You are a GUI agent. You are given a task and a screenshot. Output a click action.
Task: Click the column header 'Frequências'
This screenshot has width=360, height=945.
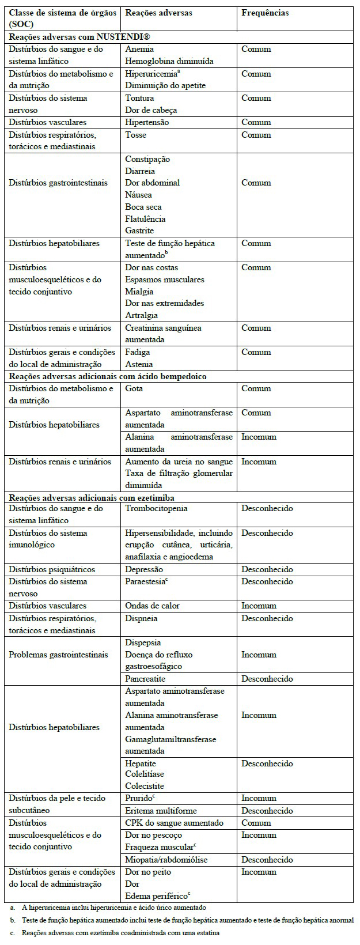click(x=265, y=13)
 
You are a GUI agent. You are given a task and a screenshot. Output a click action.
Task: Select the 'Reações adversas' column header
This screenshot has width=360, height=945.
click(x=158, y=13)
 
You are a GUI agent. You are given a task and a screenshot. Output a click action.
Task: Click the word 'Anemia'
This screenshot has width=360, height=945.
click(x=139, y=49)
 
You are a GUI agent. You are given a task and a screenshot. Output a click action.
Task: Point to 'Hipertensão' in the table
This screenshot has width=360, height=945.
click(x=147, y=122)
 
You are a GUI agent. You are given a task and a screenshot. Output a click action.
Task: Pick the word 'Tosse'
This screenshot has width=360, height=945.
click(x=136, y=135)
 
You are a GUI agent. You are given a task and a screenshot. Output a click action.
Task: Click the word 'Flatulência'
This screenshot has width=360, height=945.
click(x=145, y=219)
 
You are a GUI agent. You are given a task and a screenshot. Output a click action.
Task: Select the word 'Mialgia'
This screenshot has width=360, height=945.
click(x=139, y=292)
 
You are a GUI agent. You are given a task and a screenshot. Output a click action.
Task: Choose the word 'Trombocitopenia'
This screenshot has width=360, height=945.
click(x=157, y=509)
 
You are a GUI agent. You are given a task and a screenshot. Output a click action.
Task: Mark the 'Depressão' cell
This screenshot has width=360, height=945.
click(x=144, y=569)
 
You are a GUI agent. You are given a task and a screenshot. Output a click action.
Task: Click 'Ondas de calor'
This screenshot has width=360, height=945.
click(x=152, y=606)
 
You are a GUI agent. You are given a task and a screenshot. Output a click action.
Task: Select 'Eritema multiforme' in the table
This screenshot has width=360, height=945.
click(x=161, y=811)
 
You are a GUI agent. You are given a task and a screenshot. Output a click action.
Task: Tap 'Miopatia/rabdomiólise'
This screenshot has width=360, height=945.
click(x=166, y=860)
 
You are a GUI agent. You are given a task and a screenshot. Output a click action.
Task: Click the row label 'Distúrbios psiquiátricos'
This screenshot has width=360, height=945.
click(x=52, y=569)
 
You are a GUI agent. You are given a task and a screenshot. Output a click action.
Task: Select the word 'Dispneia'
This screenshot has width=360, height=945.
click(x=141, y=618)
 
